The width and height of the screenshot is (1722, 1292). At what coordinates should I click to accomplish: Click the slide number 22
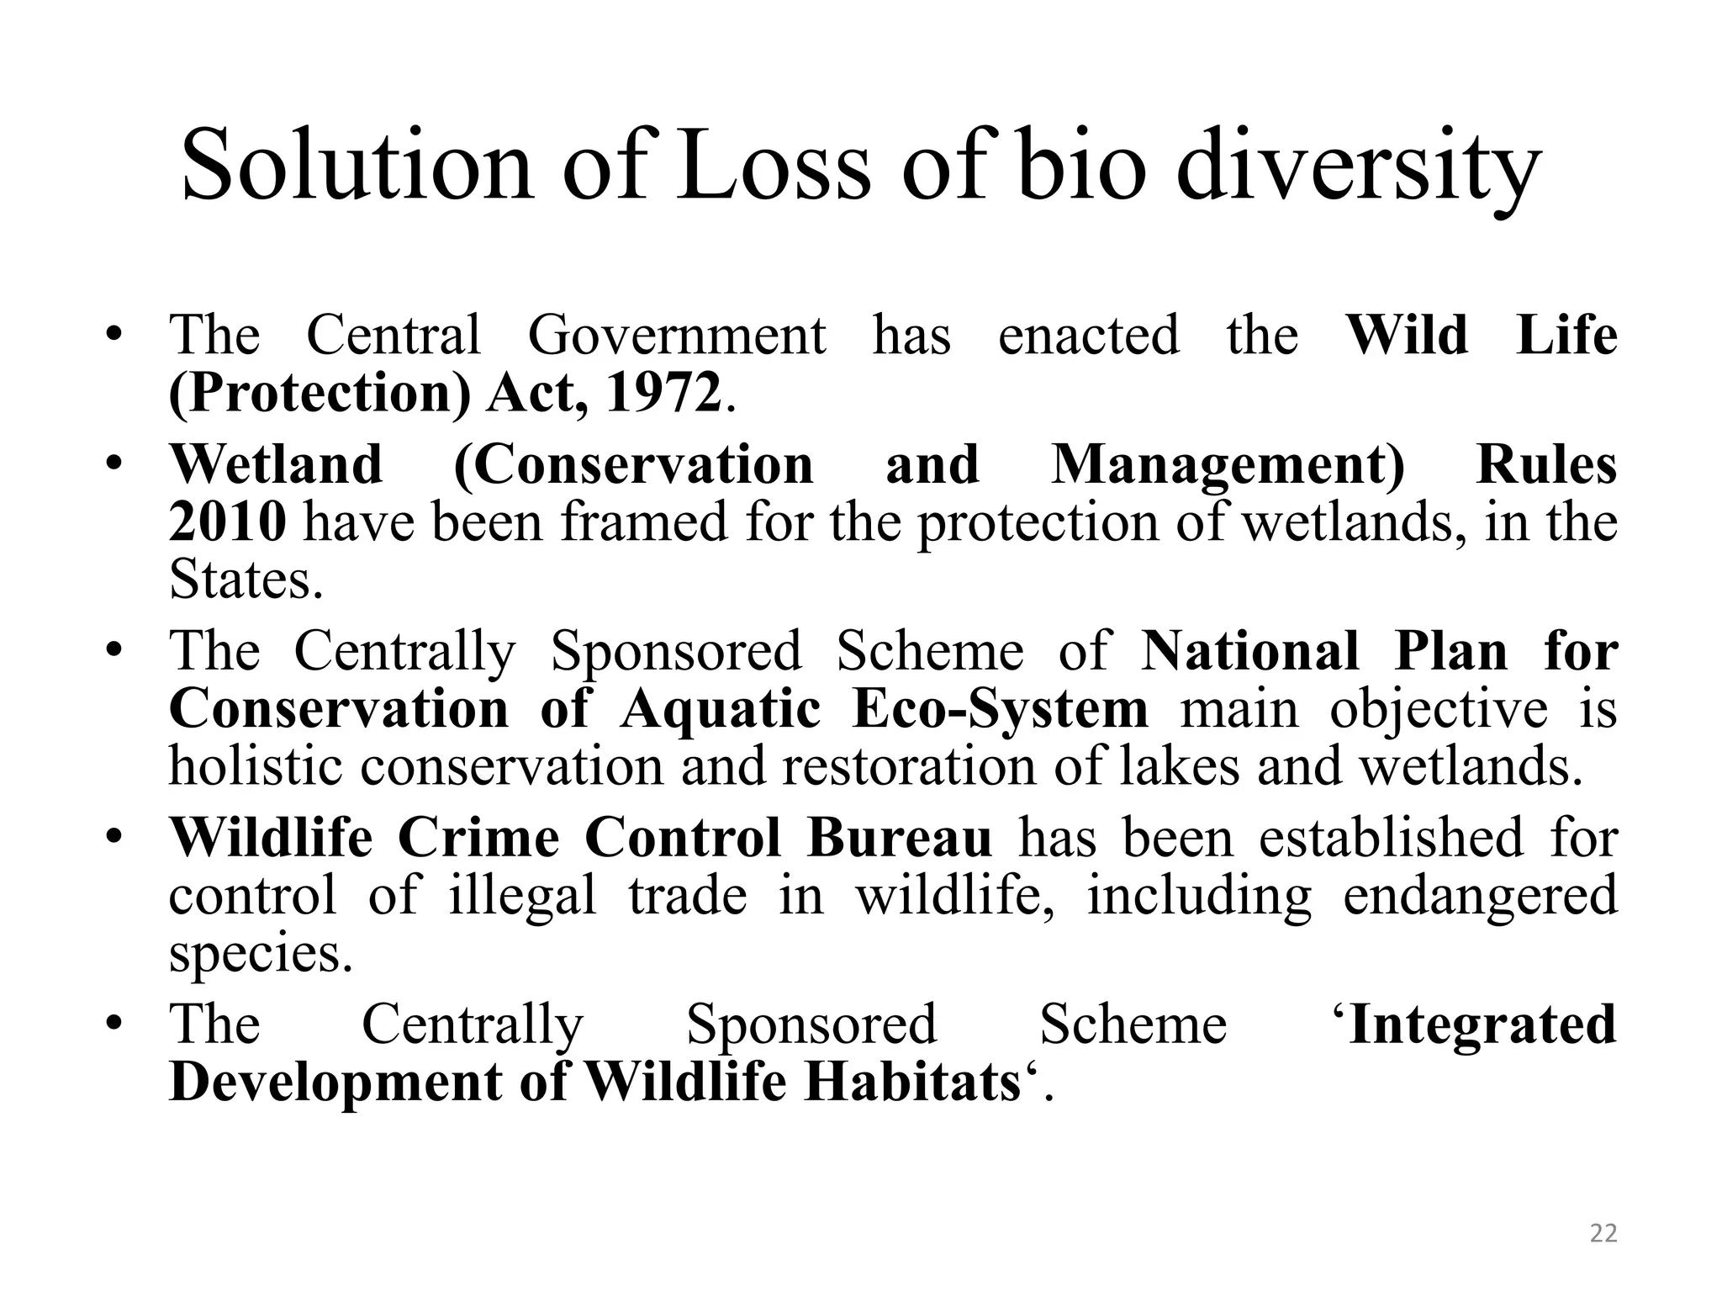click(x=1603, y=1233)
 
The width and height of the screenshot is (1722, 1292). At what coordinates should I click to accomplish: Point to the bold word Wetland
click(x=276, y=464)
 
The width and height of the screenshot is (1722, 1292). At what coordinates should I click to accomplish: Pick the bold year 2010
click(x=227, y=522)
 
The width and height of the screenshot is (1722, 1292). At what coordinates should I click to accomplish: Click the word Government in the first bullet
click(x=677, y=335)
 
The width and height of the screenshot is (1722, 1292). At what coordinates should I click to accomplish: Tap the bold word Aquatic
click(x=720, y=708)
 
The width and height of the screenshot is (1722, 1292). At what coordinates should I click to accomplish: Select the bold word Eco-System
click(x=1000, y=708)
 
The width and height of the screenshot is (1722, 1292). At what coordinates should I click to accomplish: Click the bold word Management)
click(x=1228, y=464)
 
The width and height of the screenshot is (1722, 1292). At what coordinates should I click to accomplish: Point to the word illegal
click(x=522, y=895)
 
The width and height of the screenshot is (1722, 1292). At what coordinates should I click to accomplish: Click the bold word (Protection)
click(x=320, y=392)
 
